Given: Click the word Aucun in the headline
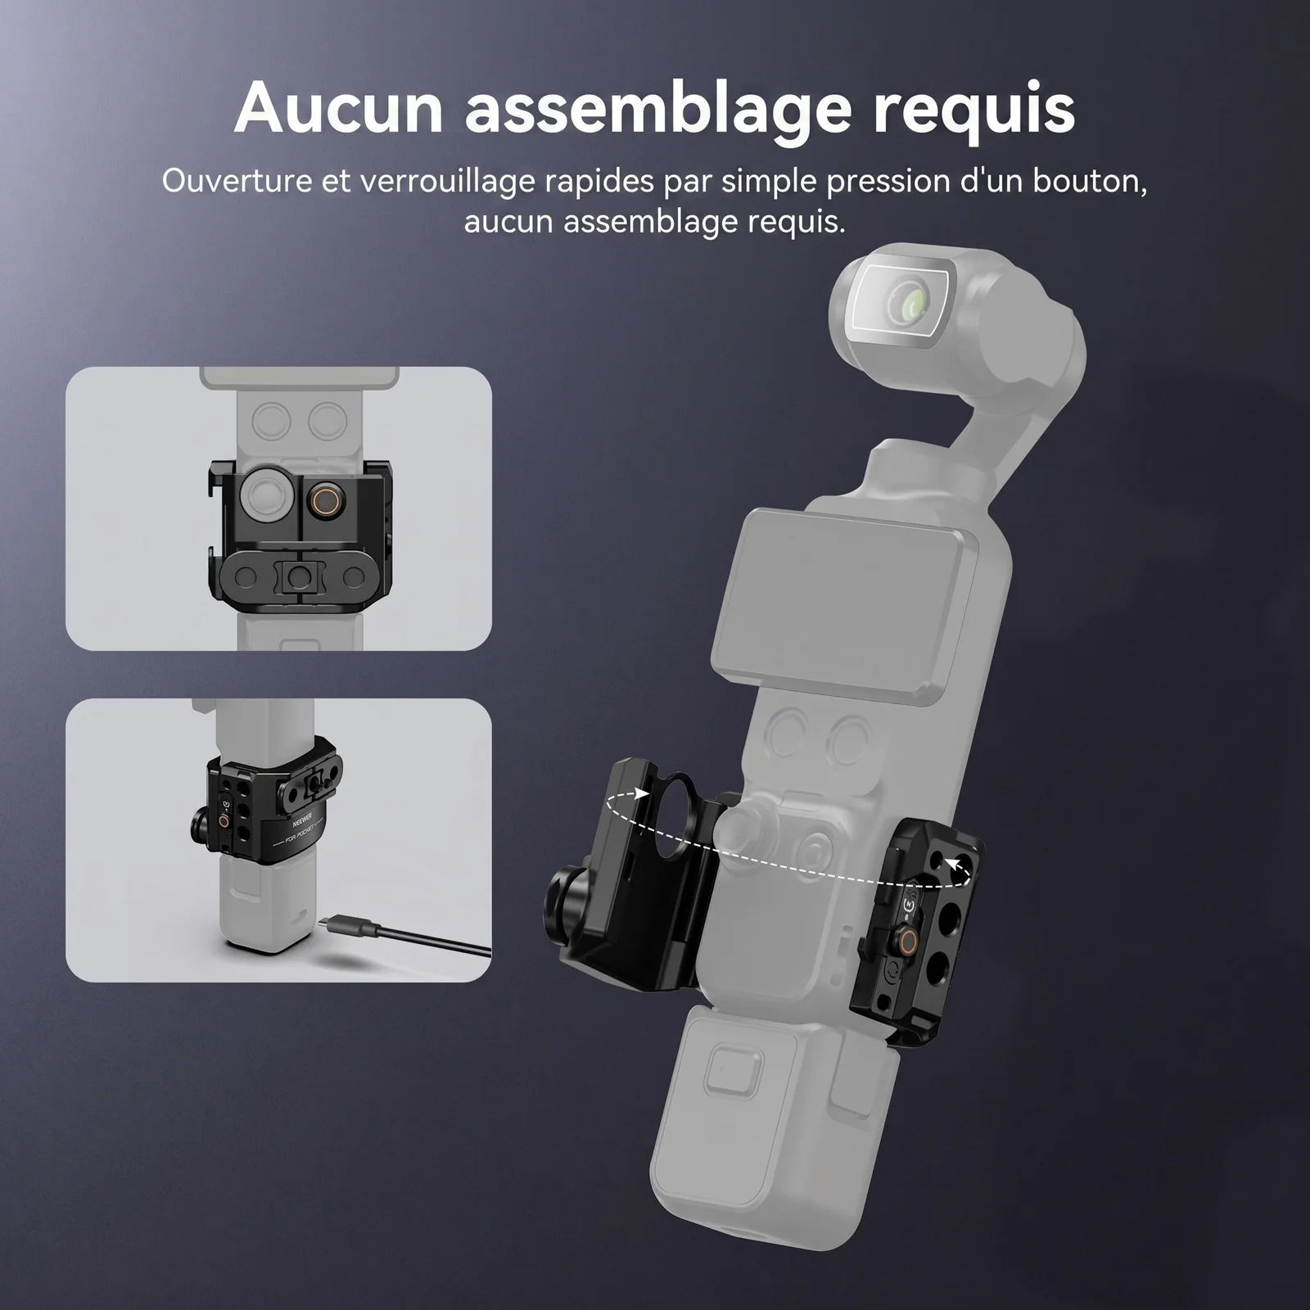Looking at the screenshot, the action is [339, 108].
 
